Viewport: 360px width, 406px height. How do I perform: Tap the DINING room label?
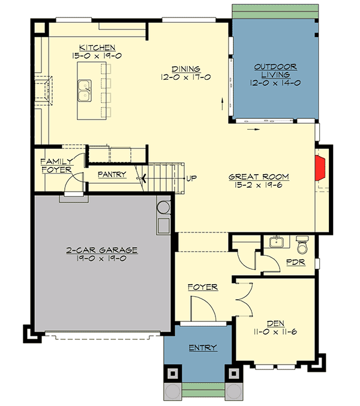(185, 68)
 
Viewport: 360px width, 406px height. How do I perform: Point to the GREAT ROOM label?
(259, 177)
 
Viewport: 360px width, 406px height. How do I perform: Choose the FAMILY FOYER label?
(56, 166)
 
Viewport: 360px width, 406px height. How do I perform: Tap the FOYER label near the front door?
(203, 287)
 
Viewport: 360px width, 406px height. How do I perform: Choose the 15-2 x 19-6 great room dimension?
(259, 186)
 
